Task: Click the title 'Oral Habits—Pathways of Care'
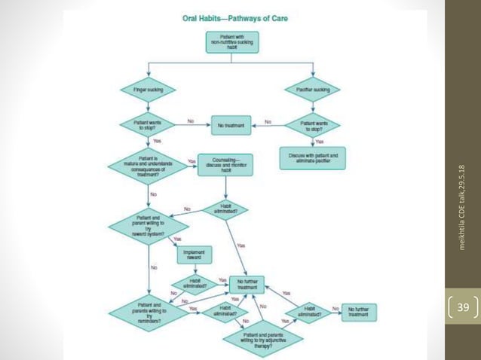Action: click(235, 18)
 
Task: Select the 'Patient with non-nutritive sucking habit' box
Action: click(231, 41)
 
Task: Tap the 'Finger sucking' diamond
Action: click(148, 90)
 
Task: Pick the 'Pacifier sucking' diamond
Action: click(313, 90)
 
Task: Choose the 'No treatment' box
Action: click(231, 125)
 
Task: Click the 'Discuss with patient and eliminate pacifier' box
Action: click(313, 157)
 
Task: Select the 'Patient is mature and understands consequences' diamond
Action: click(148, 166)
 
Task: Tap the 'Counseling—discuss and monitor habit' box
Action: click(225, 165)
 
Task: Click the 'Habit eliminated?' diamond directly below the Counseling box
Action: click(225, 209)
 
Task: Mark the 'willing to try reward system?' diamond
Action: click(148, 224)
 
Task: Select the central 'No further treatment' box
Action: click(250, 284)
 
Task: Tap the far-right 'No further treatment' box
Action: click(358, 312)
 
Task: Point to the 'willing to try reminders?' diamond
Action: click(148, 311)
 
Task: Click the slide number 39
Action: click(462, 307)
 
